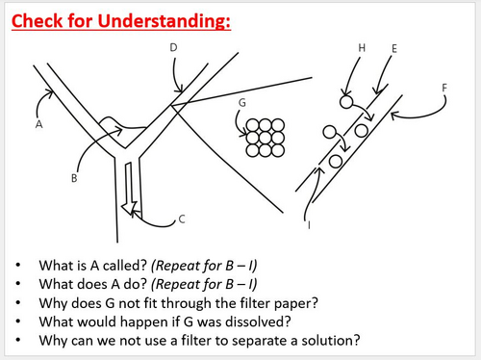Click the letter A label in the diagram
click(38, 124)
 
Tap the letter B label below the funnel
click(74, 178)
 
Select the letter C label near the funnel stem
click(182, 219)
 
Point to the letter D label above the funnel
click(173, 47)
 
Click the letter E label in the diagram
click(394, 49)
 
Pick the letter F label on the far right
click(444, 88)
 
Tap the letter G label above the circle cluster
click(242, 103)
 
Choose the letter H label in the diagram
click(362, 48)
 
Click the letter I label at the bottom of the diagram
click(309, 225)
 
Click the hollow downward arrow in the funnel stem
click(129, 189)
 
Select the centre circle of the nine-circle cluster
click(266, 138)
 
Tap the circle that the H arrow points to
click(346, 102)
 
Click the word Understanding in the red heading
click(164, 21)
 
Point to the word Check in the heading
click(37, 21)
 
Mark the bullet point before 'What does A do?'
click(18, 284)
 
